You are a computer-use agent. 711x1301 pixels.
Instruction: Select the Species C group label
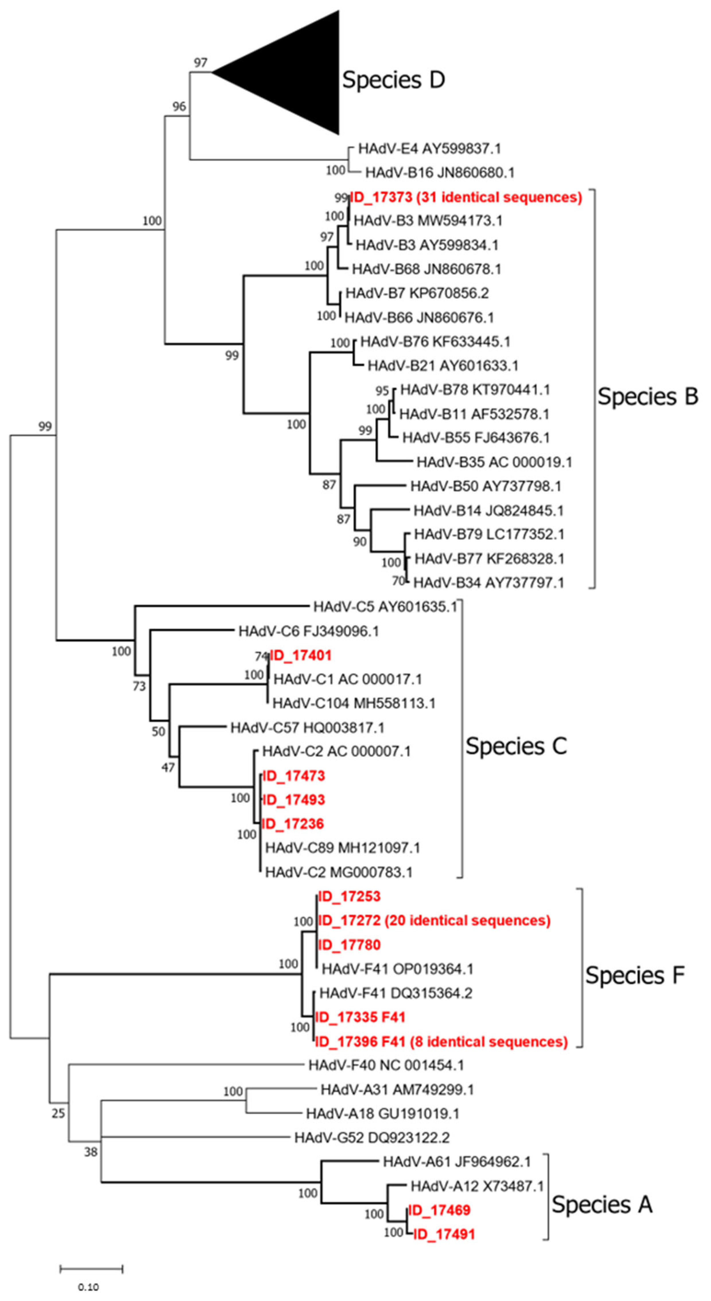point(516,746)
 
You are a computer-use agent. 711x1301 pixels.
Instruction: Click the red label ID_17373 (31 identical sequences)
point(466,197)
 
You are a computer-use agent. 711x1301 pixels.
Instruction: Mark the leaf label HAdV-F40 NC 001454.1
point(386,1065)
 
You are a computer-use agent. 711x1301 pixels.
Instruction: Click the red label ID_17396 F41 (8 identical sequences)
point(441,1042)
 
